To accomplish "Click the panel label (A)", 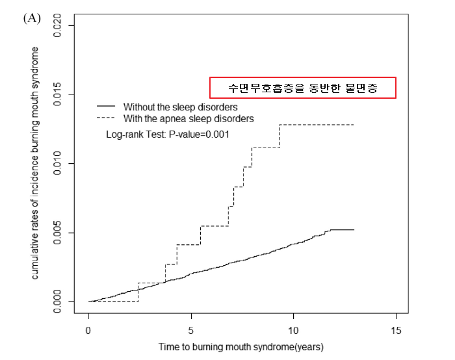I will point(32,18).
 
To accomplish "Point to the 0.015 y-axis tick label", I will point(60,94).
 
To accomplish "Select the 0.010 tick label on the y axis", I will point(60,162).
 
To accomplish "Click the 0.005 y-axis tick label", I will point(60,232).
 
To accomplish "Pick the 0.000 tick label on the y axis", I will point(60,301).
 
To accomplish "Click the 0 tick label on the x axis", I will point(88,331).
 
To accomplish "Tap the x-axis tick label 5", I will point(191,331).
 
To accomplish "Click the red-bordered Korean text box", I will point(302,88).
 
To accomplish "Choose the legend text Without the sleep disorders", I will point(180,107).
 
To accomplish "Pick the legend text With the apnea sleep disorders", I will point(188,119).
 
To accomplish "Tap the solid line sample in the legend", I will point(105,106).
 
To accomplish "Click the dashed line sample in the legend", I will point(105,119).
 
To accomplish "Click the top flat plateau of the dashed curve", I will point(317,124).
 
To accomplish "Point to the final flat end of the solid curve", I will point(343,229).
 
